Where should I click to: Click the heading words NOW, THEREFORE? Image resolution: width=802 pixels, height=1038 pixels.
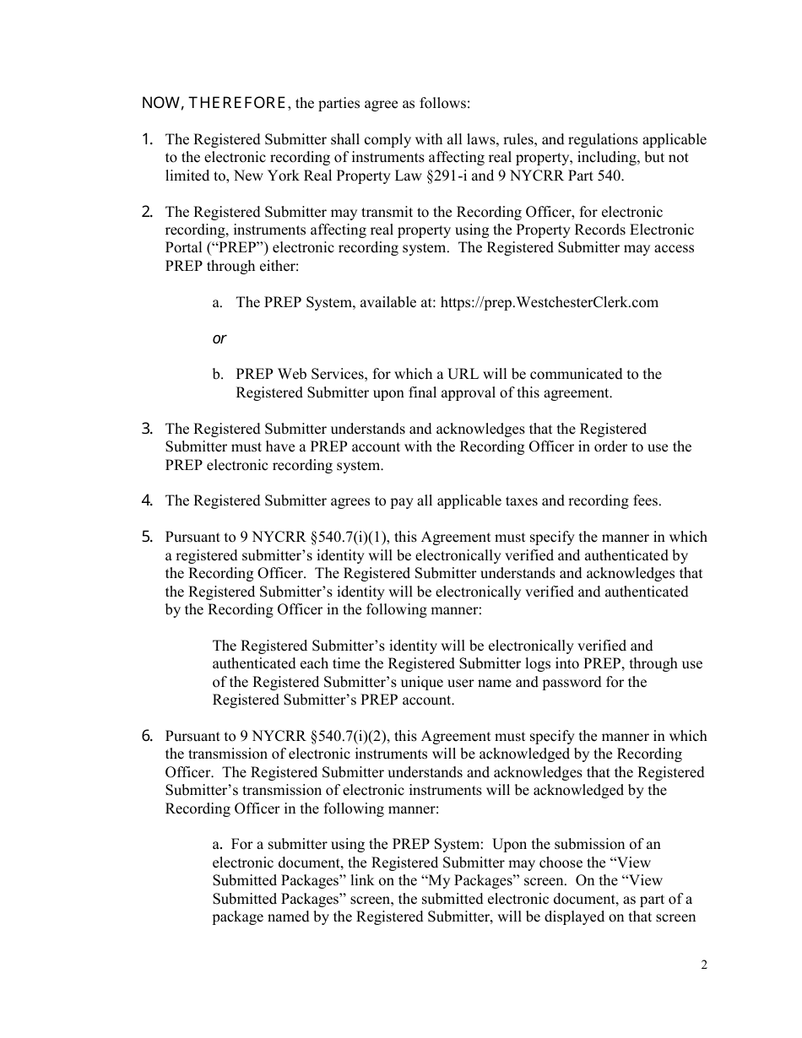(x=215, y=104)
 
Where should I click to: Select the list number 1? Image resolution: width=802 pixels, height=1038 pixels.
(x=147, y=139)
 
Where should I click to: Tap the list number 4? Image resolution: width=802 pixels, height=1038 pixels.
(x=147, y=500)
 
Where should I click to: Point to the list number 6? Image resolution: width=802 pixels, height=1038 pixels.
(x=147, y=736)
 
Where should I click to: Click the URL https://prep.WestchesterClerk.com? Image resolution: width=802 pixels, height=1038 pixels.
(x=549, y=302)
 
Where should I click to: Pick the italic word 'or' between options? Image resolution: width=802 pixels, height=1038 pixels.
(x=219, y=338)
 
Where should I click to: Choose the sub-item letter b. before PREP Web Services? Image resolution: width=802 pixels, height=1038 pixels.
(x=218, y=374)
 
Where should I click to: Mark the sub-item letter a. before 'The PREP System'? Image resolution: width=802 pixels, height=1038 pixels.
(x=218, y=302)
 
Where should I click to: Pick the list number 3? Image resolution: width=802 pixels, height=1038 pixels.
(x=147, y=429)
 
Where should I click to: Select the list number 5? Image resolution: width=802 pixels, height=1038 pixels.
(x=147, y=537)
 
